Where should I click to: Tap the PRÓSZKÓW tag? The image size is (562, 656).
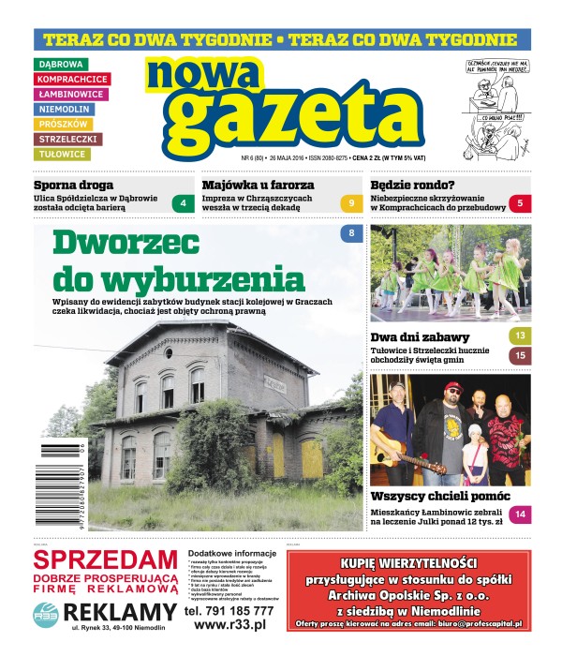point(65,124)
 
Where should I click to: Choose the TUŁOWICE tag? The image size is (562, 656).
point(64,154)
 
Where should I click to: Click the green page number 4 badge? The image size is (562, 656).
point(184,203)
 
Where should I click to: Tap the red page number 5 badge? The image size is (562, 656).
point(520,203)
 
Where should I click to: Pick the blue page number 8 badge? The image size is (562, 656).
point(351,232)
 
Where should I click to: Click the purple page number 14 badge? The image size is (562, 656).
point(520,514)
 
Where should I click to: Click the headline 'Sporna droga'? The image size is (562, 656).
point(73,186)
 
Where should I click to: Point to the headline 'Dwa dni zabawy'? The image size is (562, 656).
point(420,337)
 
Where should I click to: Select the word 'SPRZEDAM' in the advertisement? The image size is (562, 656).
point(105,560)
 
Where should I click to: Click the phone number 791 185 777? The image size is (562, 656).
point(229,610)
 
